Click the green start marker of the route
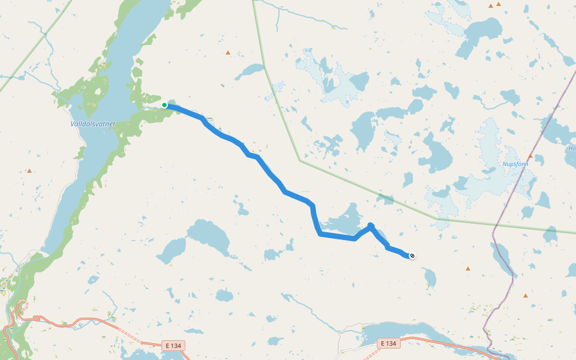click(164, 105)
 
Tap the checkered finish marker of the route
click(412, 256)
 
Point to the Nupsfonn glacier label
click(516, 163)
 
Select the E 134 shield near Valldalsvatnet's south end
click(173, 346)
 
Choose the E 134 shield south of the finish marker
click(388, 343)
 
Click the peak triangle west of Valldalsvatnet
click(29, 171)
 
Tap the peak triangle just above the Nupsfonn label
click(530, 155)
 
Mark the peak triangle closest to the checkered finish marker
click(468, 269)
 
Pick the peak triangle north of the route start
click(228, 53)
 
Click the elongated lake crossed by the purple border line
click(502, 255)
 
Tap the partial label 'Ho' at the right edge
click(572, 148)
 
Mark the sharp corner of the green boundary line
click(299, 160)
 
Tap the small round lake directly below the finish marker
click(429, 277)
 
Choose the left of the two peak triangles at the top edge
click(491, 6)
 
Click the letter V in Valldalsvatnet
click(72, 124)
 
